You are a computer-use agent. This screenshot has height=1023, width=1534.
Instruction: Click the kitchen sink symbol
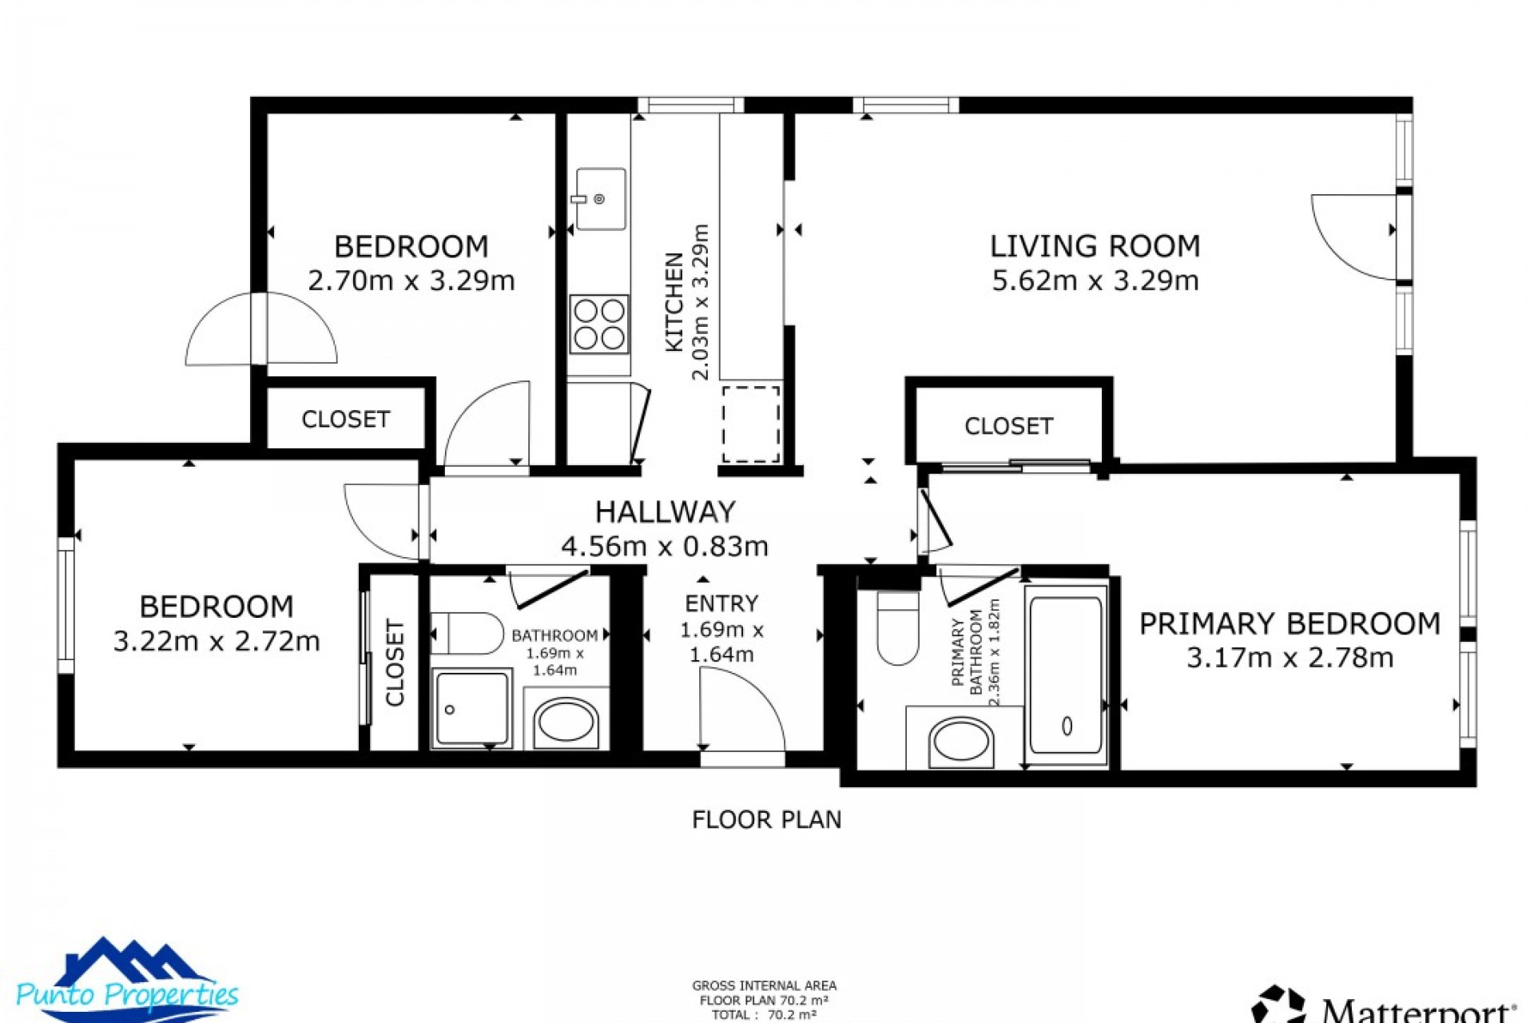coord(600,199)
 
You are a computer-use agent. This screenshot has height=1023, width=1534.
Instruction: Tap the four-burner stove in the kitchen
coord(599,324)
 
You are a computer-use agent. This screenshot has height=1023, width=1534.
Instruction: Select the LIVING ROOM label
coord(1095,246)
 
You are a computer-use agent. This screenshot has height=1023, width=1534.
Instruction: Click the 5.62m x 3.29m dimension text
coord(1095,281)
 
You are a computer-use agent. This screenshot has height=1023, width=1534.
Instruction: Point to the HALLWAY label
coord(665,511)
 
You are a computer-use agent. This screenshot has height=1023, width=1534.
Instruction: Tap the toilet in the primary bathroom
coord(897,627)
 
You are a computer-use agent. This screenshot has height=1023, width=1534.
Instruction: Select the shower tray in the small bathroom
coord(471,707)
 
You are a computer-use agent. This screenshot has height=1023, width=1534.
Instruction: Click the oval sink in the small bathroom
coord(566,723)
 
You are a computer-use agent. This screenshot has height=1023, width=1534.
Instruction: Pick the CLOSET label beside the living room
coord(1008,426)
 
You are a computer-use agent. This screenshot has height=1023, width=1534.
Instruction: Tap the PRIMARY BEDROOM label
coord(1290,623)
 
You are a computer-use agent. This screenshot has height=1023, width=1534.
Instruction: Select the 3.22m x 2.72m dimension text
coord(217,641)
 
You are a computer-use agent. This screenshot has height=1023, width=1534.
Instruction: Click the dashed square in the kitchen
coord(750,424)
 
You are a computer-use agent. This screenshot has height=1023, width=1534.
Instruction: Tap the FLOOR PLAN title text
coord(766,820)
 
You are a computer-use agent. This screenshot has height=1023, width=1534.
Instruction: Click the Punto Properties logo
coord(128,983)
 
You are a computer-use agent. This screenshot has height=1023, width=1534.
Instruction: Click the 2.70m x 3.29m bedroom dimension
coord(411,281)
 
